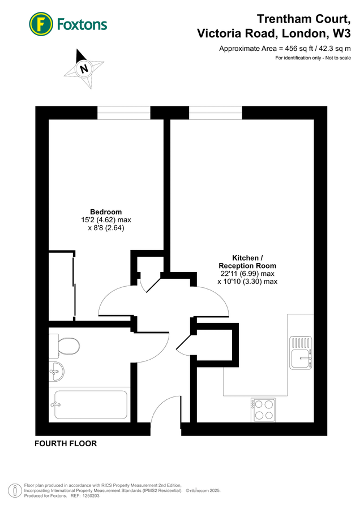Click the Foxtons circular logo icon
pos(41,23)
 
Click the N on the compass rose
pos(84,69)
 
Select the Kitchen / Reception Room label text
pos(247,261)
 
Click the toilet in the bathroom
pos(67,344)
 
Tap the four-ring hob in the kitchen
pos(263,409)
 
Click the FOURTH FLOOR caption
pos(66,443)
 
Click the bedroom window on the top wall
pos(123,113)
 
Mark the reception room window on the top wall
pos(215,113)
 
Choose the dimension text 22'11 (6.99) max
pos(247,274)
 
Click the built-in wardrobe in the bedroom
pos(62,285)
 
